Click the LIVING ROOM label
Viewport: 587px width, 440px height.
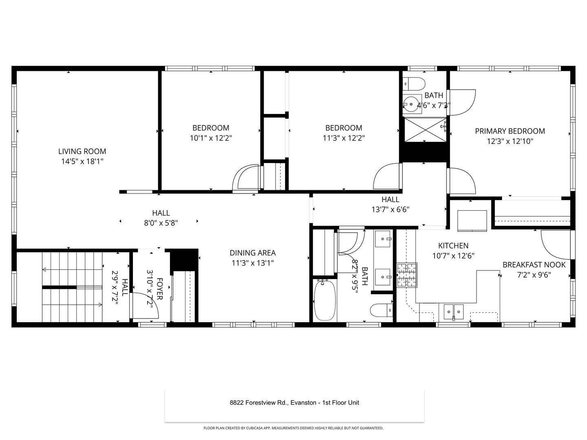(x=82, y=151)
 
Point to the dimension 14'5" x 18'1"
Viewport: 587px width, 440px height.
(x=82, y=161)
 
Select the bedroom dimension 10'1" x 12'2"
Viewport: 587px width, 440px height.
(x=211, y=138)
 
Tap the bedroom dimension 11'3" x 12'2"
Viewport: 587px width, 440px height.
(x=344, y=138)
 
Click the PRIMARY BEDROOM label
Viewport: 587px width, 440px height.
(x=510, y=131)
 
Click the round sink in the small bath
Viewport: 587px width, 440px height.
(x=412, y=104)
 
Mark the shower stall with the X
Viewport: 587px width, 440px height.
(x=424, y=130)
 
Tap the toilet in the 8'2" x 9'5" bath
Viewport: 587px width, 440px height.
(x=381, y=310)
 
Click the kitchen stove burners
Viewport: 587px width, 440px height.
(x=407, y=275)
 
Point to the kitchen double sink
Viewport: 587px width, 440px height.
(x=453, y=312)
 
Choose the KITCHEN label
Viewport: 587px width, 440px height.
(x=453, y=246)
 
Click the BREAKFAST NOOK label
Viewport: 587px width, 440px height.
(x=534, y=265)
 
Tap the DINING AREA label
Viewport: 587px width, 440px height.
(x=252, y=253)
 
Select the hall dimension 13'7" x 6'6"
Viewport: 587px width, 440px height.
(x=390, y=210)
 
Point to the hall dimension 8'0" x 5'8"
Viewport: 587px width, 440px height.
(x=161, y=223)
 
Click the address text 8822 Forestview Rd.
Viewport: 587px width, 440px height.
(x=259, y=403)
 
